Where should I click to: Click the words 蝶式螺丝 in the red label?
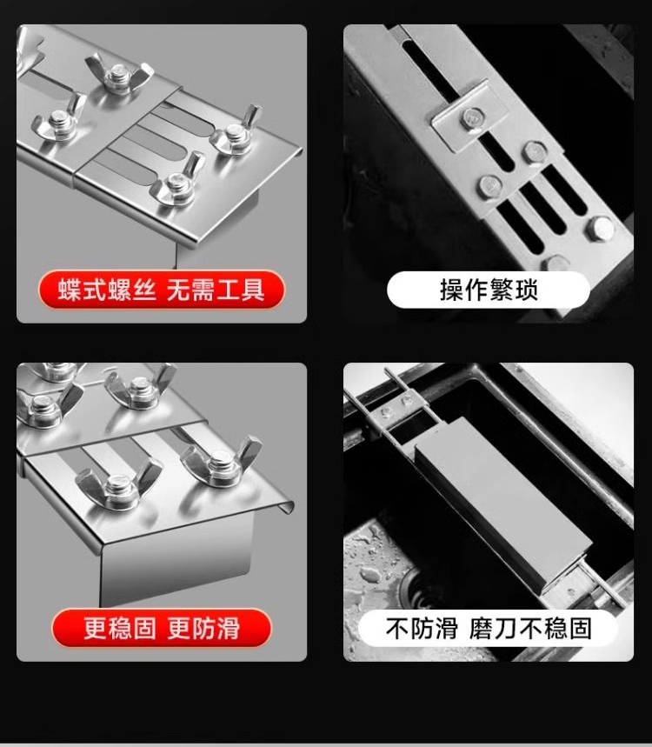click(x=107, y=290)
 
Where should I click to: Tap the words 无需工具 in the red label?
click(x=216, y=290)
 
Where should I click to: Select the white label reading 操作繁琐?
click(x=489, y=290)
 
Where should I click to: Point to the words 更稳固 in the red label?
click(x=120, y=627)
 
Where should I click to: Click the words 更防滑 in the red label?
click(x=203, y=627)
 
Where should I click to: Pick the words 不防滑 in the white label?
click(x=422, y=628)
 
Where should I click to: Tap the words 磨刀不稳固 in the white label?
click(x=530, y=628)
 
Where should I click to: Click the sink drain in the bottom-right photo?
click(x=419, y=589)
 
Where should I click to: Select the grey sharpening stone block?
click(x=503, y=505)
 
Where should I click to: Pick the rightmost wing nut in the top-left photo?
click(x=236, y=132)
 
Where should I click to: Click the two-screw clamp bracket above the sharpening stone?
click(x=396, y=406)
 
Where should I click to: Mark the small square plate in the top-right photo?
click(x=469, y=117)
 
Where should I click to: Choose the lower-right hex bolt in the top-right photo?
click(x=601, y=228)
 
